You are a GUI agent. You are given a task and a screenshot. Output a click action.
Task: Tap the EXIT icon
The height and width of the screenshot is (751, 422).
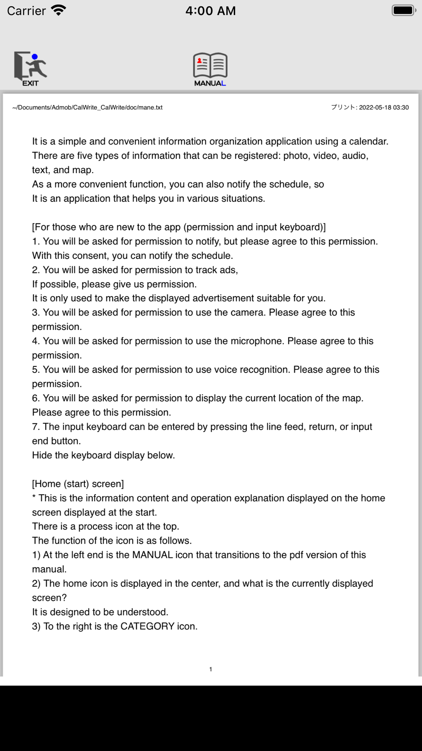[30, 68]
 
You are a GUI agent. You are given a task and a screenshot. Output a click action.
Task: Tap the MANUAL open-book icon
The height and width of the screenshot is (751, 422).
[210, 69]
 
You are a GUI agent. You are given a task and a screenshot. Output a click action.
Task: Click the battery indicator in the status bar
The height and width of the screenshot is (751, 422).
[403, 10]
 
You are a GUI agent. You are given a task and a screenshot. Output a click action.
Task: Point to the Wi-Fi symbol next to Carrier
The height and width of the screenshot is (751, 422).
[59, 10]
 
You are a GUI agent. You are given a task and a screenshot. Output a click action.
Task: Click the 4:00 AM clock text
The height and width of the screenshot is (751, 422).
[211, 11]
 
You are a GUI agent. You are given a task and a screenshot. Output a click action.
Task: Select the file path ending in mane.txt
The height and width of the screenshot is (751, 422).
[87, 108]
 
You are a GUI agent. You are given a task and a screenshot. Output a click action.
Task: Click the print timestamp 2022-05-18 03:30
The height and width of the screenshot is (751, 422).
[384, 108]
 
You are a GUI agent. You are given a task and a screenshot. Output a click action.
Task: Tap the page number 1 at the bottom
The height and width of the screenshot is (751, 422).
[211, 669]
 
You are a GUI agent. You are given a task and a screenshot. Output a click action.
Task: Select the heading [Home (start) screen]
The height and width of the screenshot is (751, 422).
[78, 484]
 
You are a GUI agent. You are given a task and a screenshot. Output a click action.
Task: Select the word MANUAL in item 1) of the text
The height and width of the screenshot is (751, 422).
[152, 555]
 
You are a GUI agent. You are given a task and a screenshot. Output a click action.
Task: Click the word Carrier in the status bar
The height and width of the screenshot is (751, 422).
[26, 11]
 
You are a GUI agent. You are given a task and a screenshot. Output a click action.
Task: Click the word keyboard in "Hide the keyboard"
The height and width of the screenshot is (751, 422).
[90, 455]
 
